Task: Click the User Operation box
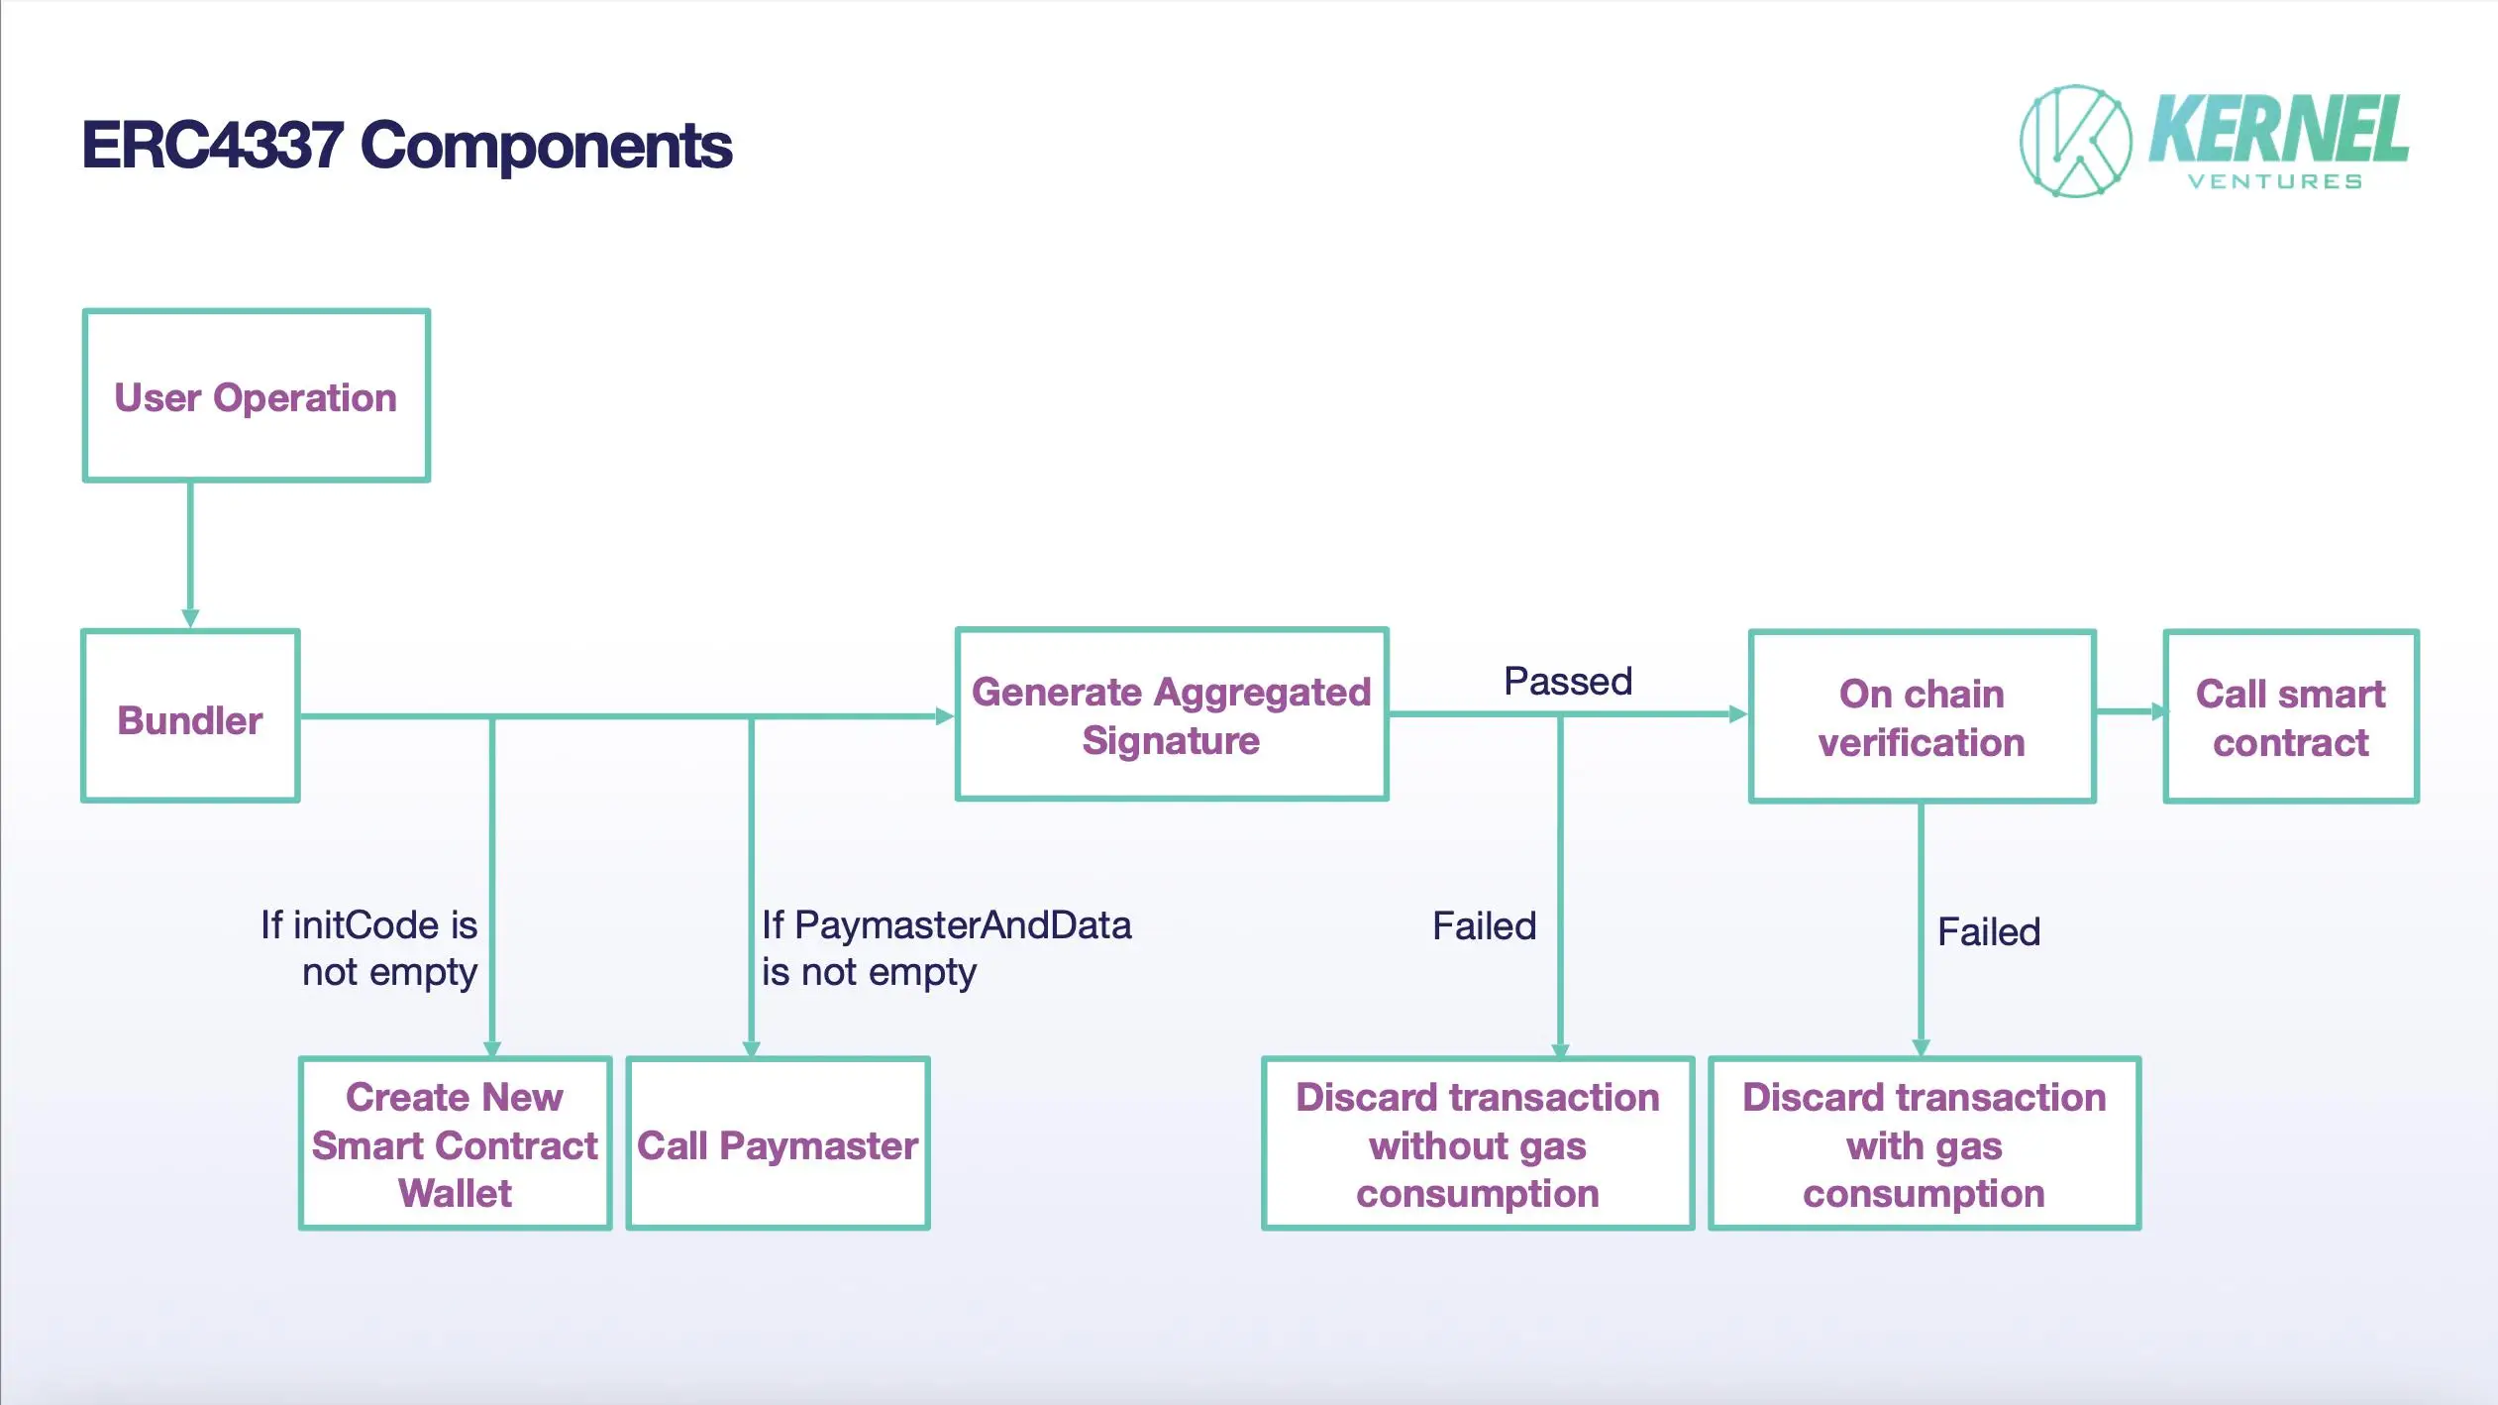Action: (x=256, y=396)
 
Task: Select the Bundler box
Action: (x=190, y=716)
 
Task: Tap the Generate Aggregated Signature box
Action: (x=1171, y=714)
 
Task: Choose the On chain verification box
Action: (x=1922, y=717)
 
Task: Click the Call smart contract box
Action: (x=2290, y=717)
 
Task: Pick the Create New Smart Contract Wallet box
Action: (x=455, y=1144)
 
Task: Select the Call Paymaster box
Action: (x=778, y=1144)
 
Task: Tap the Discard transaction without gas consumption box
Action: (x=1477, y=1144)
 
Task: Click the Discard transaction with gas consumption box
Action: (x=1924, y=1144)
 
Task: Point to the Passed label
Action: (x=1567, y=682)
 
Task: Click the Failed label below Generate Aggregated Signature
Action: (x=1484, y=926)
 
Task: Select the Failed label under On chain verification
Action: (x=1988, y=932)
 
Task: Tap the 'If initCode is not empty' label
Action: (x=369, y=948)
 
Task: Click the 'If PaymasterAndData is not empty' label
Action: (x=945, y=948)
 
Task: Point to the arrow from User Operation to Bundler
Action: (x=190, y=555)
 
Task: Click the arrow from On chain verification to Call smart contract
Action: (x=2130, y=711)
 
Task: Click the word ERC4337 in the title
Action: (x=212, y=146)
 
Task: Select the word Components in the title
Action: (x=546, y=146)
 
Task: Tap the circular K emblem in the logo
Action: (x=2075, y=142)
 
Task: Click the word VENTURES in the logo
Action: (x=2274, y=182)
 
